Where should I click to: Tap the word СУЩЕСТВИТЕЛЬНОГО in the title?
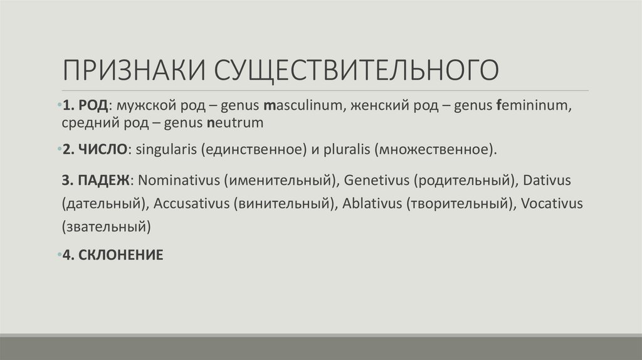click(x=357, y=70)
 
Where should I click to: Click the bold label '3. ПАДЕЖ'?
click(x=97, y=181)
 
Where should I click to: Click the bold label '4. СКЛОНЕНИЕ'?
click(x=112, y=255)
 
